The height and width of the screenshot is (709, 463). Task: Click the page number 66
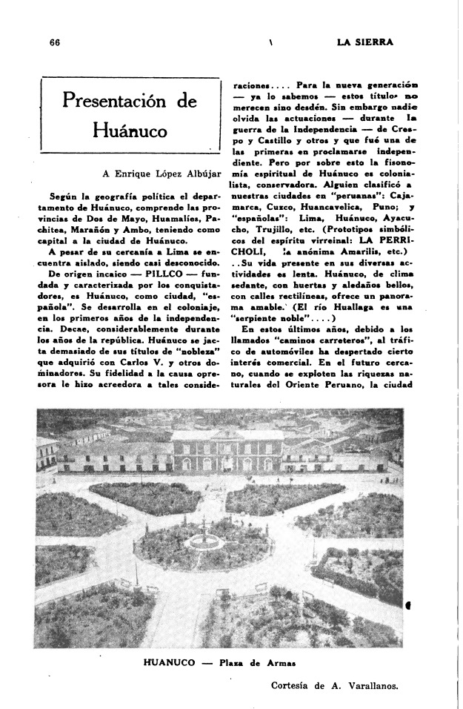[53, 42]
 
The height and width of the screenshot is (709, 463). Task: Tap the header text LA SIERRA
[364, 42]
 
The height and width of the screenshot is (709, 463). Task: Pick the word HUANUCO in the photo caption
[167, 662]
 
